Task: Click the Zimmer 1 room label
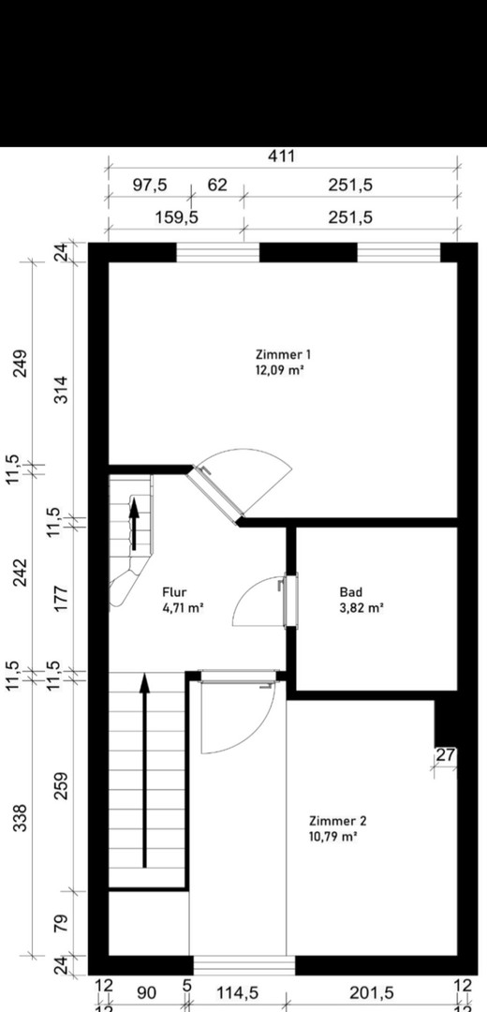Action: (283, 354)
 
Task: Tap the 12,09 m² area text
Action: (283, 369)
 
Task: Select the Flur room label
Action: (175, 592)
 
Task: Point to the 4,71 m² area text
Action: (183, 607)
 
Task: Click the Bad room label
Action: (350, 592)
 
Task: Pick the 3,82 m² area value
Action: (361, 607)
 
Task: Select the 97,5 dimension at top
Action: (149, 185)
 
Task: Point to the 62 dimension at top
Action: (217, 185)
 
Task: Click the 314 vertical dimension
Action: (61, 389)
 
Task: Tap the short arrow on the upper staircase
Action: (133, 525)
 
